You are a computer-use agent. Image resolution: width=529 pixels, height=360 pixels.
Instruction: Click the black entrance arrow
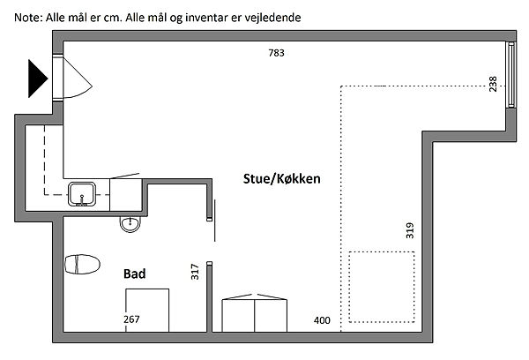coord(37,79)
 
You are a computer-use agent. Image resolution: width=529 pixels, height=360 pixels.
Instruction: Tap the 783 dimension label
coord(276,53)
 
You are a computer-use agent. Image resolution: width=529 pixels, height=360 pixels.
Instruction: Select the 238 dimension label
coord(493,84)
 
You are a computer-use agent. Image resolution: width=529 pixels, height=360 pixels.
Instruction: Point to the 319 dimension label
coord(410,230)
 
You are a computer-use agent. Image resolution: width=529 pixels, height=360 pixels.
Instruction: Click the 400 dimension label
coord(322,320)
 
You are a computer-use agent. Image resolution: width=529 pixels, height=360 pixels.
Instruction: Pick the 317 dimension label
coord(195,272)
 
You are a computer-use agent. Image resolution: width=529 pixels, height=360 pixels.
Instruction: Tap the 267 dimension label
coord(131,319)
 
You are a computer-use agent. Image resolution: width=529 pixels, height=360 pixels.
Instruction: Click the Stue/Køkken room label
coord(282,178)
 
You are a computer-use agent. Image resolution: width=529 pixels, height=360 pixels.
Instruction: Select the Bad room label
coord(135,274)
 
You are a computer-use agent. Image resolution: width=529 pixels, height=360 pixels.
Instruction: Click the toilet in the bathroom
coord(82,264)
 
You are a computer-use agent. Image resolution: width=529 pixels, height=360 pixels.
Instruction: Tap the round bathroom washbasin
coord(130,224)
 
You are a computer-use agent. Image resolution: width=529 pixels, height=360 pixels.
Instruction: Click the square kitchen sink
coord(82,194)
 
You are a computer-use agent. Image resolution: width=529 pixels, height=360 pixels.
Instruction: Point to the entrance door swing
coord(78,79)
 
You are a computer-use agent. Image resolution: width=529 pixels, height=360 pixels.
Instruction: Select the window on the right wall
coord(511,75)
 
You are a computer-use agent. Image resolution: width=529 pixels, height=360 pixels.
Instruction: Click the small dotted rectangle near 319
coord(382,287)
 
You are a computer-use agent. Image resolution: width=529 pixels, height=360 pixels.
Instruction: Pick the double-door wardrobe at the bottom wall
coord(255,313)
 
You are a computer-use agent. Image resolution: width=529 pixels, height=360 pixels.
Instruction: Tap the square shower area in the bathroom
coord(147,311)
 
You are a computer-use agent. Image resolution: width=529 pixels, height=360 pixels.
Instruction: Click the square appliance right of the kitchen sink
coord(126,195)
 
